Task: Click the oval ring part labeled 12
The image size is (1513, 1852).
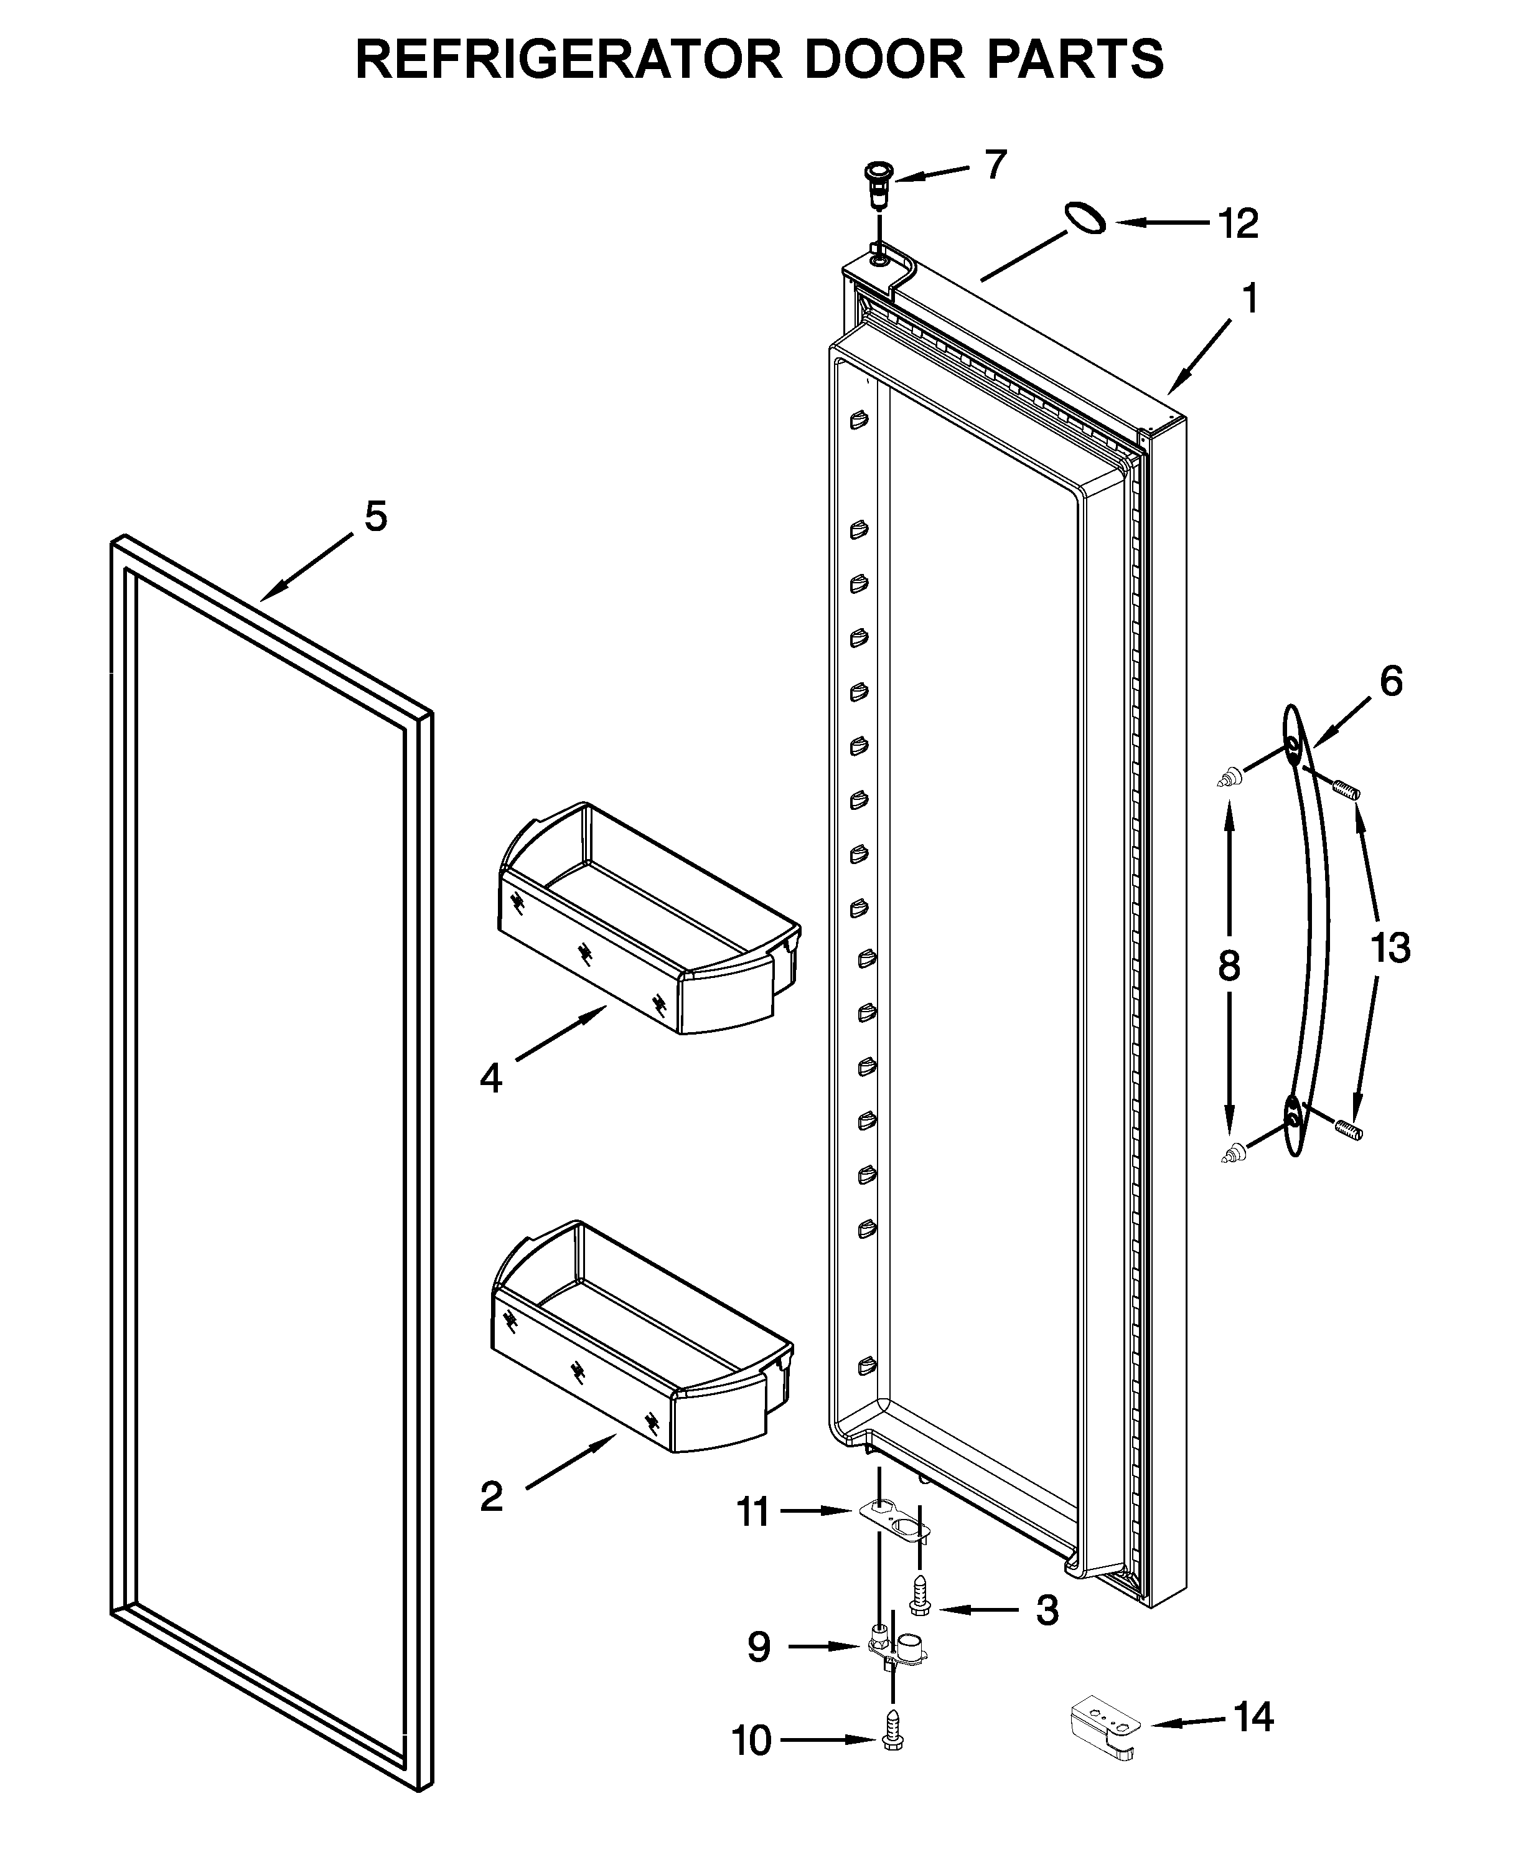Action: [1084, 217]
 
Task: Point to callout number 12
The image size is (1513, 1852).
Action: [1237, 224]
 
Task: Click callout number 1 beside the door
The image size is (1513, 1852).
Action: [1250, 300]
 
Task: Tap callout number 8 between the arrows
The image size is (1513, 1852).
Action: [1229, 966]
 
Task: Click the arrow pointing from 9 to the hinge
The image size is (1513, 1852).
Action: [823, 1647]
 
